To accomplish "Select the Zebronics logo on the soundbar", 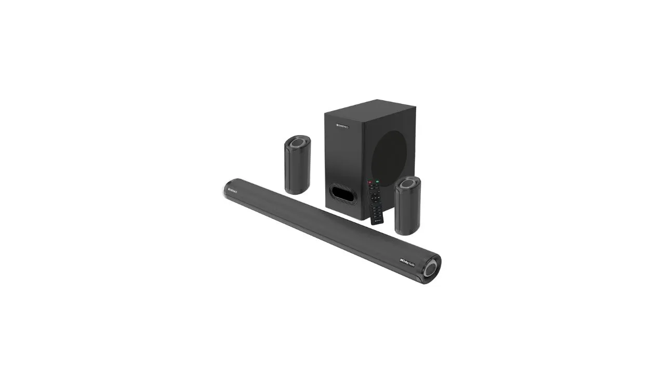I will click(x=232, y=192).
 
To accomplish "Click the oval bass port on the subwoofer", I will click(x=343, y=194).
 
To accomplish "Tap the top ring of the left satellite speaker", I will click(x=298, y=142).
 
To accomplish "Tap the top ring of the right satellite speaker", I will click(x=408, y=183).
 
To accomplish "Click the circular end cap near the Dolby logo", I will click(x=431, y=269).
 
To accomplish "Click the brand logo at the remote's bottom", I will click(x=378, y=220).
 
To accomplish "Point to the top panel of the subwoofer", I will click(x=370, y=106).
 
